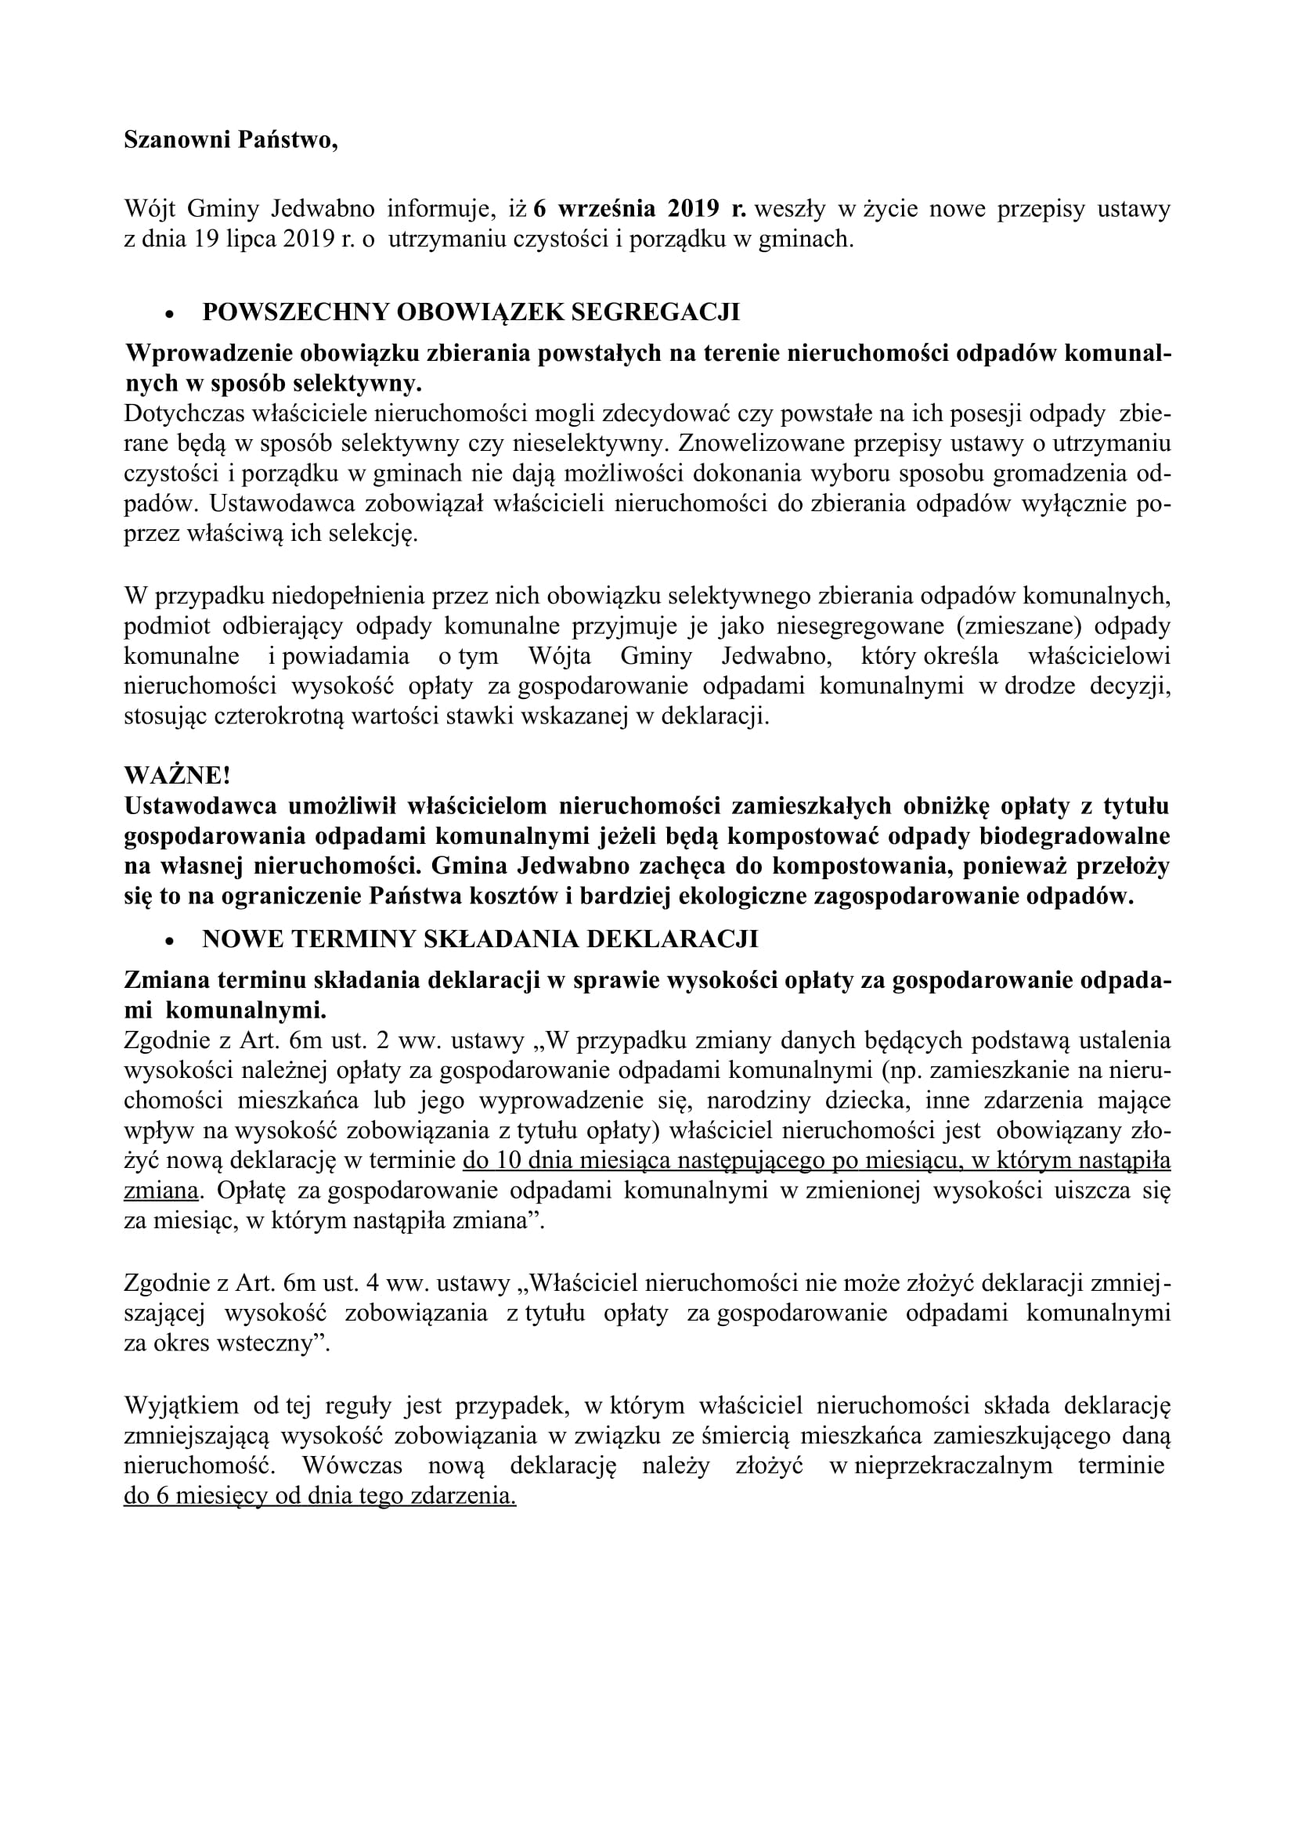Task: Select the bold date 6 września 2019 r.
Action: [640, 209]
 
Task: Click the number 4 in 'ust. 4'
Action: [370, 1282]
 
